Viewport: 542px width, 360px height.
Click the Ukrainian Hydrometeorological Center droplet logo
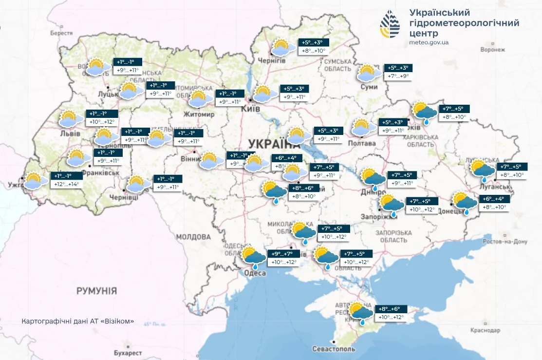coord(390,24)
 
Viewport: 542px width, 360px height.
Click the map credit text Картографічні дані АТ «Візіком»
coord(77,322)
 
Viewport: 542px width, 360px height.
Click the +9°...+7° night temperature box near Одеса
coord(282,254)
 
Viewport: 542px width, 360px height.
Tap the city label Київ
coord(252,109)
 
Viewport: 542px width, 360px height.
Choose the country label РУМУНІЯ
coord(96,291)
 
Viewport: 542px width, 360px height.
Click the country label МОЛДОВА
coord(193,237)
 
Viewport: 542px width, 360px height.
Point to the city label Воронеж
coord(492,50)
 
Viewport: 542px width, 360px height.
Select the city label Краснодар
coord(485,330)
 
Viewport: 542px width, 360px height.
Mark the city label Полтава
coord(362,143)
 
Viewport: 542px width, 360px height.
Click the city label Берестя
coord(61,33)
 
